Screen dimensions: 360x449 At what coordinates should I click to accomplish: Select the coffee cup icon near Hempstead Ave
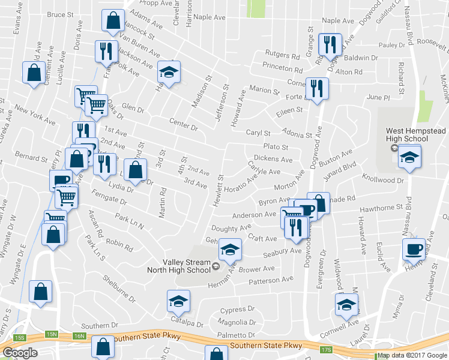coord(414,248)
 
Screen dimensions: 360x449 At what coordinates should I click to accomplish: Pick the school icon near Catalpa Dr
coord(178,301)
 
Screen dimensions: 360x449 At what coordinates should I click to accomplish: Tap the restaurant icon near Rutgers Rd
coord(330,44)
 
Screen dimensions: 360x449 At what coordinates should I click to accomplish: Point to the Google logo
coord(20,352)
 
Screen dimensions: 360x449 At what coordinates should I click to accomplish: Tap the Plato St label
coord(276,147)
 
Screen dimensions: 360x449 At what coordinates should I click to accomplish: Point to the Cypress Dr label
coord(238,310)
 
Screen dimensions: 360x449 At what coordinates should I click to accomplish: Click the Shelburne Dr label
coord(119,287)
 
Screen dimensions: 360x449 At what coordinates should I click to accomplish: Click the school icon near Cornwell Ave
coord(346,305)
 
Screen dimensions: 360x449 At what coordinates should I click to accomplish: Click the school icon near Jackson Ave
coord(169,72)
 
